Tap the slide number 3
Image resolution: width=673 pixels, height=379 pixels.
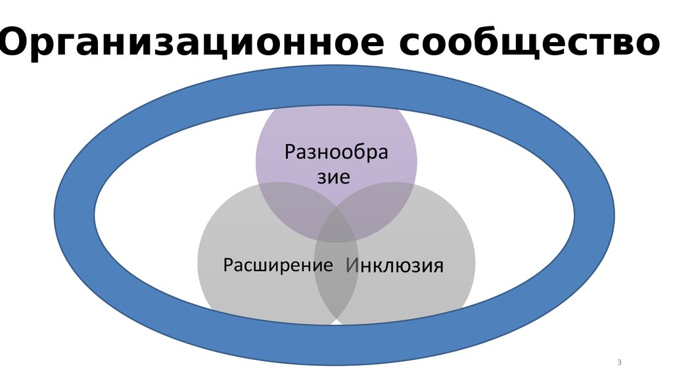point(620,363)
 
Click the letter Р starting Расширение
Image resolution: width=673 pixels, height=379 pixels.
point(227,265)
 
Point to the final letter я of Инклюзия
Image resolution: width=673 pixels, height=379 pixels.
point(437,266)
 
